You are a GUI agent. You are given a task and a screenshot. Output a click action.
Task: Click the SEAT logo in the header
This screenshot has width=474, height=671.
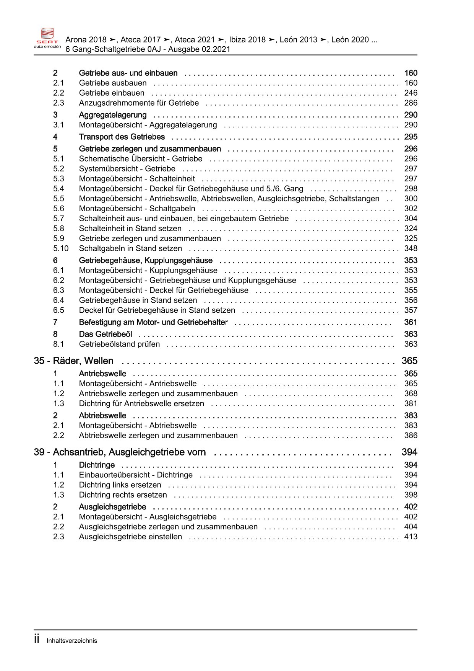coord(47,38)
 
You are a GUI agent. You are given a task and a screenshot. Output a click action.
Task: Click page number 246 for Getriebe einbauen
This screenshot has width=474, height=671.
coord(411,93)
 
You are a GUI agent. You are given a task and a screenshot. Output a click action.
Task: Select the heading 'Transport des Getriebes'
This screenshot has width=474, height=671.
coord(122,137)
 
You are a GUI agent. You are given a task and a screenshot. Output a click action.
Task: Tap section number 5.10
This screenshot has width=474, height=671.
coord(61,248)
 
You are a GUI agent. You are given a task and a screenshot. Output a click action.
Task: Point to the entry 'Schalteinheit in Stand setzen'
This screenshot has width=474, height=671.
coord(130,229)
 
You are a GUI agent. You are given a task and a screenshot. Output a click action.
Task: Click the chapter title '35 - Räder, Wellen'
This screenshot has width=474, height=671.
coord(73,361)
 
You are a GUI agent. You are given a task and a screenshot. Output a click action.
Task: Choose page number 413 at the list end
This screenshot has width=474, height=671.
coord(411,537)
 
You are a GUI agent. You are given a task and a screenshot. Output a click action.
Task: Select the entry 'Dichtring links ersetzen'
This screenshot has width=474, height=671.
coord(120,485)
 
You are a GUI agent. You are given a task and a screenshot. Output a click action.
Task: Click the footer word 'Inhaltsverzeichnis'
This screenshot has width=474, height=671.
coord(72,641)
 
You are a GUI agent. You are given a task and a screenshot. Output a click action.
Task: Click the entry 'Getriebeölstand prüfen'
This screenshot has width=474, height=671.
coord(119,344)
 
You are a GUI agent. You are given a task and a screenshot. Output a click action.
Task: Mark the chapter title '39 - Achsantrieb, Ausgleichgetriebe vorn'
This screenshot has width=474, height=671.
coord(120,452)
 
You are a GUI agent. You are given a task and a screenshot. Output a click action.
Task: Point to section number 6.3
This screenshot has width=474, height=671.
coord(58,291)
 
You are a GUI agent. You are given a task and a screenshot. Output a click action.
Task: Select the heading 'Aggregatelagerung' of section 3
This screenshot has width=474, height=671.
coord(112,115)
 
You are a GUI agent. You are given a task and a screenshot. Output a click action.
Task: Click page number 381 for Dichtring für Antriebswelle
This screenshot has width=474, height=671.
coord(411,403)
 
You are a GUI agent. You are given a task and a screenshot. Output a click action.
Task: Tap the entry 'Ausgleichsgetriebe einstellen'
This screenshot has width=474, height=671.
coord(130,537)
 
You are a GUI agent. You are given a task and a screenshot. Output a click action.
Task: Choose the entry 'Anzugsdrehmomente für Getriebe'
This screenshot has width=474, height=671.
coord(139,103)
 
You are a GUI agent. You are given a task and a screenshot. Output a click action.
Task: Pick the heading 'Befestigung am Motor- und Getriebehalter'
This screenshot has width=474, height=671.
coord(153,322)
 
